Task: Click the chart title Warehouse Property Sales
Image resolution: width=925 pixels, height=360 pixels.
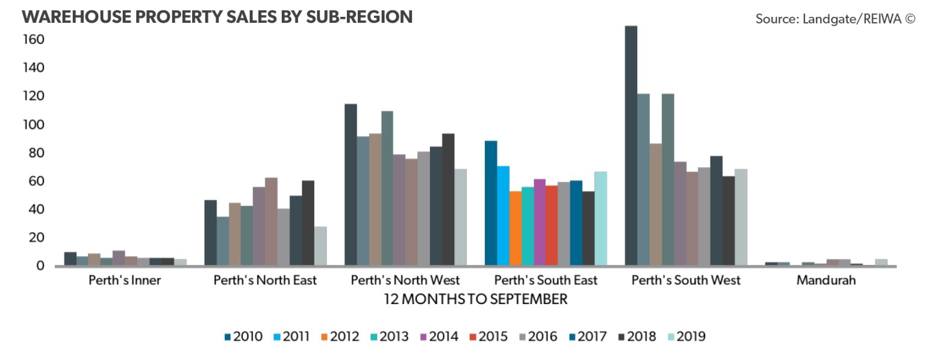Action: pyautogui.click(x=217, y=17)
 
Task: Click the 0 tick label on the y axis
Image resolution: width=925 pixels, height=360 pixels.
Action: pyautogui.click(x=39, y=265)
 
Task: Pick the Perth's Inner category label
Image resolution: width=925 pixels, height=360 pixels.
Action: pyautogui.click(x=124, y=281)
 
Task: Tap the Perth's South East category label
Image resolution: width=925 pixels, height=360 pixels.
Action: pyautogui.click(x=546, y=281)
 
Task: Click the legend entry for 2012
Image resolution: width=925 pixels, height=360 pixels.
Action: pyautogui.click(x=340, y=337)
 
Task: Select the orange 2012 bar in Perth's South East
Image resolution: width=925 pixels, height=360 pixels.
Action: pyautogui.click(x=515, y=228)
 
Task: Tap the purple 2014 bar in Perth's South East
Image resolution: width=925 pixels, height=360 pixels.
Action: pyautogui.click(x=539, y=222)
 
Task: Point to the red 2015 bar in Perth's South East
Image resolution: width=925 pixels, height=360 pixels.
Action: pyautogui.click(x=551, y=225)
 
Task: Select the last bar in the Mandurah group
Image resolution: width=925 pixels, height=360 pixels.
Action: pyautogui.click(x=880, y=262)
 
